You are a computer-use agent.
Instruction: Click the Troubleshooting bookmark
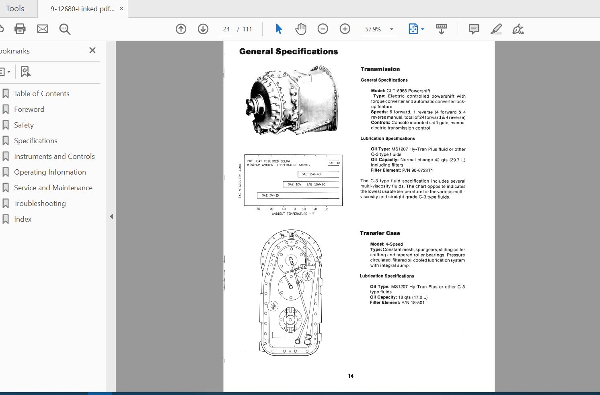39,204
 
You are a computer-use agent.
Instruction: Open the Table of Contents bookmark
41,94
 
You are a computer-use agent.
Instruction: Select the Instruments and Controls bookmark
54,156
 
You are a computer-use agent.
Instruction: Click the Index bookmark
23,219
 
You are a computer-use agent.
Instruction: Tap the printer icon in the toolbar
20,29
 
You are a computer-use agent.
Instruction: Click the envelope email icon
43,29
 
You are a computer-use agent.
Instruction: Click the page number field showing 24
226,29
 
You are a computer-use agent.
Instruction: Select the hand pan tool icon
300,29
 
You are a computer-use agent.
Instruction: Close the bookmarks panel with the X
92,50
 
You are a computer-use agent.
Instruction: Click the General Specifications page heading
288,51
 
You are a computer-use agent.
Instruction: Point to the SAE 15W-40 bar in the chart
311,174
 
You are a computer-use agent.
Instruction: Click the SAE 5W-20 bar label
270,195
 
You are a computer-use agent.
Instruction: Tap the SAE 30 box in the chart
334,163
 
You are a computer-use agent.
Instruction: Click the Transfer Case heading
380,233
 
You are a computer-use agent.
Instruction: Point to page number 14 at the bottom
351,376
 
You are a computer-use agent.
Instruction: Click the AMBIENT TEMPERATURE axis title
293,214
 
